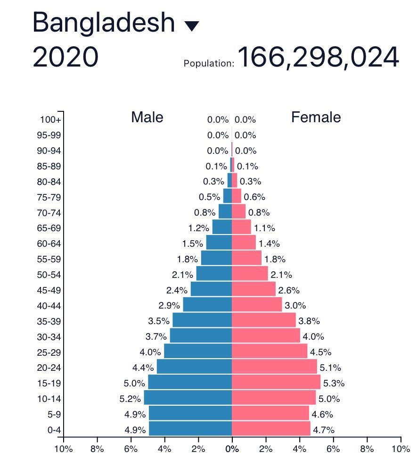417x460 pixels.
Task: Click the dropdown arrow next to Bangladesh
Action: (192, 25)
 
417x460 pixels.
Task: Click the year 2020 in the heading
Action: (65, 57)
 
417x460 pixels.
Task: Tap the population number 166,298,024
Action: (319, 58)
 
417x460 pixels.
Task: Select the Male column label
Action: (147, 117)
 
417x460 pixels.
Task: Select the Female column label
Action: (316, 117)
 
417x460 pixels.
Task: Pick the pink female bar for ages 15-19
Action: (276, 382)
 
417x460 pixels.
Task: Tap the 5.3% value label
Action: (334, 383)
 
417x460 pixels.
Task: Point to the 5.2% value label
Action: (130, 399)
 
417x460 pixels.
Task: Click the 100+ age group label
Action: (50, 120)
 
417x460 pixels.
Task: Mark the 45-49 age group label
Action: (49, 290)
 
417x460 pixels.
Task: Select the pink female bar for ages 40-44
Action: (257, 305)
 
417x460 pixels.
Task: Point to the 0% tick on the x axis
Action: (232, 449)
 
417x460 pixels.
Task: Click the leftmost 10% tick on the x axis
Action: (64, 449)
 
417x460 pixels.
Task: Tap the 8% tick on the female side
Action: (367, 449)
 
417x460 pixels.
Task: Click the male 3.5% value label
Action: (158, 321)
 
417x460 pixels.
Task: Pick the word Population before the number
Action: (209, 63)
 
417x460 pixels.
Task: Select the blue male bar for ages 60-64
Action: (219, 243)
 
